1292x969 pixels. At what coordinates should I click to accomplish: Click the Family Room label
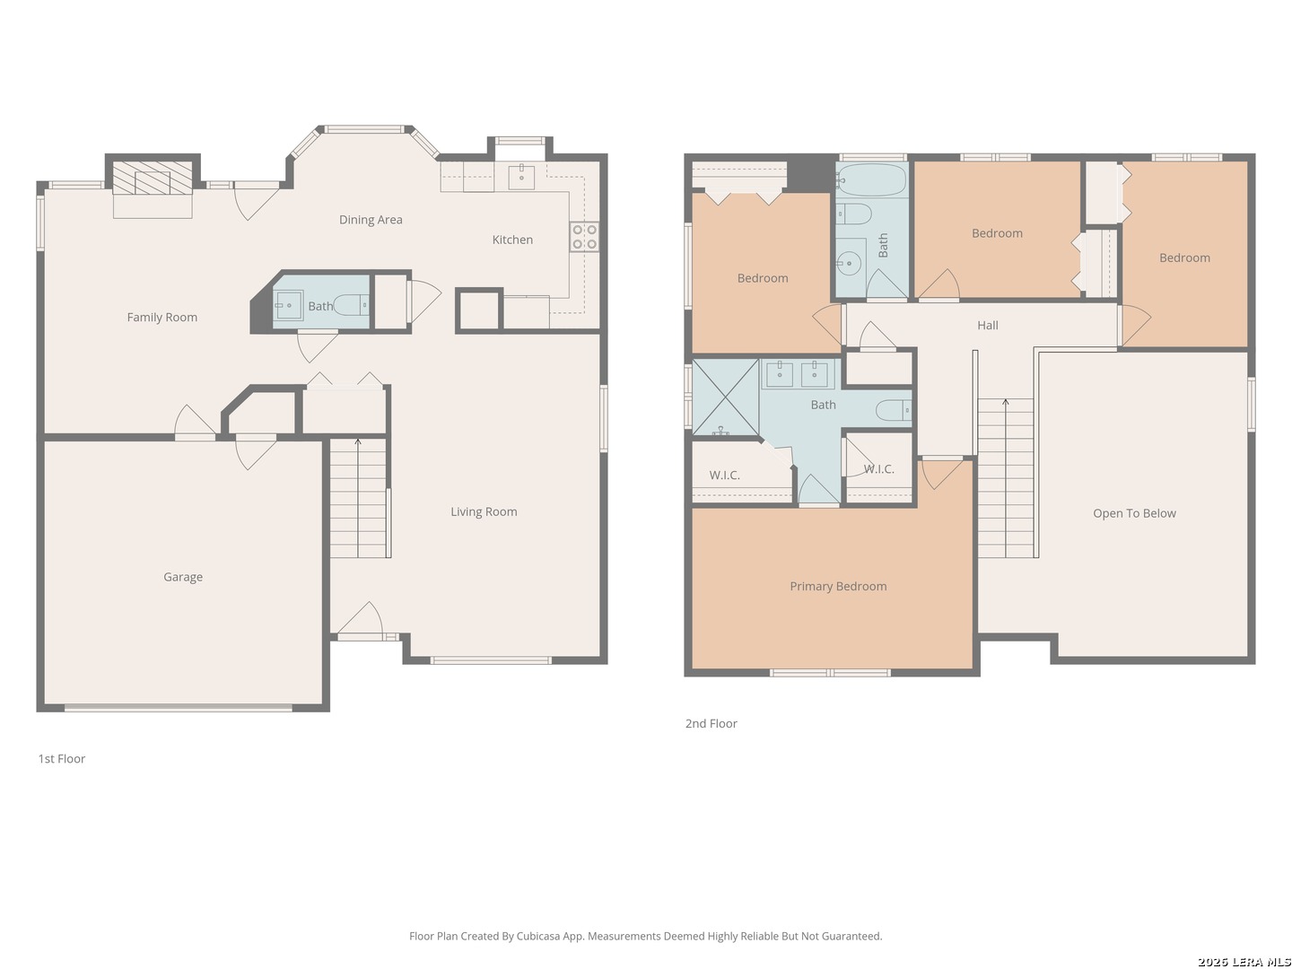pyautogui.click(x=161, y=317)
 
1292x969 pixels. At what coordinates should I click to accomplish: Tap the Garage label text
pyautogui.click(x=183, y=577)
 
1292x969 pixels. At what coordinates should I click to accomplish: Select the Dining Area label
pyautogui.click(x=371, y=220)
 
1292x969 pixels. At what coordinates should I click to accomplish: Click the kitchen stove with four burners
pyautogui.click(x=584, y=237)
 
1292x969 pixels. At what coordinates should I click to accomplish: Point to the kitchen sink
pyautogui.click(x=521, y=177)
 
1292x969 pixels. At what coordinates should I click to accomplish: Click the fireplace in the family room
pyautogui.click(x=153, y=178)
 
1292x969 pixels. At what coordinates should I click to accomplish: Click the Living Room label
pyautogui.click(x=484, y=511)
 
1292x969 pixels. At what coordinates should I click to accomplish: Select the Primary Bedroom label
pyautogui.click(x=838, y=586)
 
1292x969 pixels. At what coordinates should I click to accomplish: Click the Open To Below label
pyautogui.click(x=1134, y=513)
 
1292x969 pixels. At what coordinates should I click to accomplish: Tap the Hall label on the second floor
pyautogui.click(x=988, y=326)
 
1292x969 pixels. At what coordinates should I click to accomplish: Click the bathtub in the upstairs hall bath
pyautogui.click(x=872, y=179)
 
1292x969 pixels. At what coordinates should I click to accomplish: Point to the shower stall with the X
pyautogui.click(x=726, y=397)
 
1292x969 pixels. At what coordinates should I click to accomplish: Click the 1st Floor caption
pyautogui.click(x=62, y=759)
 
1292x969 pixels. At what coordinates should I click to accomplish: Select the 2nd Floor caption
pyautogui.click(x=711, y=724)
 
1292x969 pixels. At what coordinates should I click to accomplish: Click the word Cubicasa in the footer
pyautogui.click(x=538, y=936)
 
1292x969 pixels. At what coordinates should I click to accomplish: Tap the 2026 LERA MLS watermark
pyautogui.click(x=1244, y=961)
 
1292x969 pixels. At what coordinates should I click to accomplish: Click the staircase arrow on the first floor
pyautogui.click(x=358, y=498)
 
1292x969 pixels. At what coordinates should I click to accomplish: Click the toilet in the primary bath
pyautogui.click(x=894, y=410)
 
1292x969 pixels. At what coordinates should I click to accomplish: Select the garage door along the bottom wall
pyautogui.click(x=179, y=709)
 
